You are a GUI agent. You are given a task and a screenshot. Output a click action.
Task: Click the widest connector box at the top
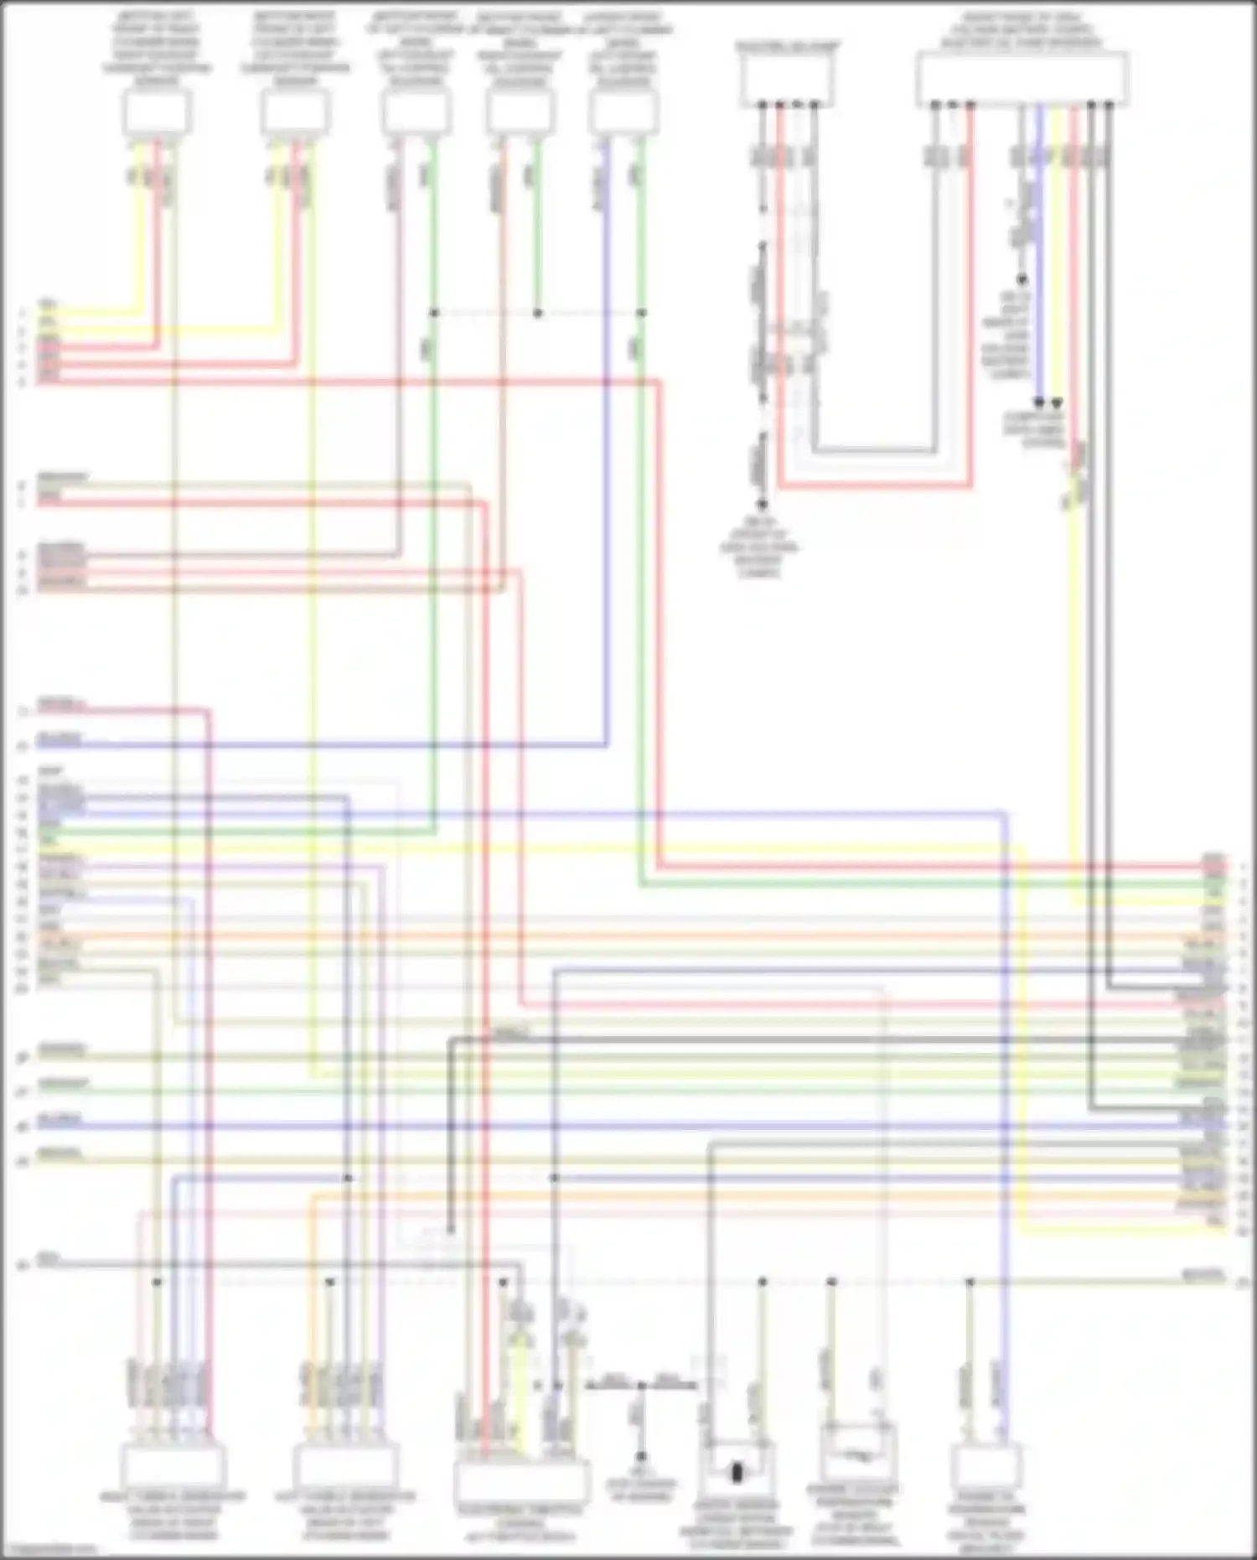click(1022, 79)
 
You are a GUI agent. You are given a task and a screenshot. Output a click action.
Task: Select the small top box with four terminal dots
click(786, 80)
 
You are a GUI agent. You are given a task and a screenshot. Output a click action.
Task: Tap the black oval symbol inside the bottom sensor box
click(737, 1472)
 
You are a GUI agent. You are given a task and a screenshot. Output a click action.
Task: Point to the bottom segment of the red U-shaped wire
click(875, 485)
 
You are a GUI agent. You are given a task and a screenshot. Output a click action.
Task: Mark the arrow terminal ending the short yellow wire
click(1057, 403)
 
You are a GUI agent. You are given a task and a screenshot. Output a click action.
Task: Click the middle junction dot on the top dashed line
click(538, 313)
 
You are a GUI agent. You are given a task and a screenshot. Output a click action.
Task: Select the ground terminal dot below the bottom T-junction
click(641, 1457)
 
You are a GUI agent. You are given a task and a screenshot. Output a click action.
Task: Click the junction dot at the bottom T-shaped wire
click(641, 1386)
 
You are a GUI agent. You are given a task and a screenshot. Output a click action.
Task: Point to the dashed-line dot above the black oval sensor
click(763, 1282)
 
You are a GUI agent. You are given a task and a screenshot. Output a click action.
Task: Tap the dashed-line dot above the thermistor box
click(831, 1282)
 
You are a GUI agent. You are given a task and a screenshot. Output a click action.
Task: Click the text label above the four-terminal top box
click(786, 47)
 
